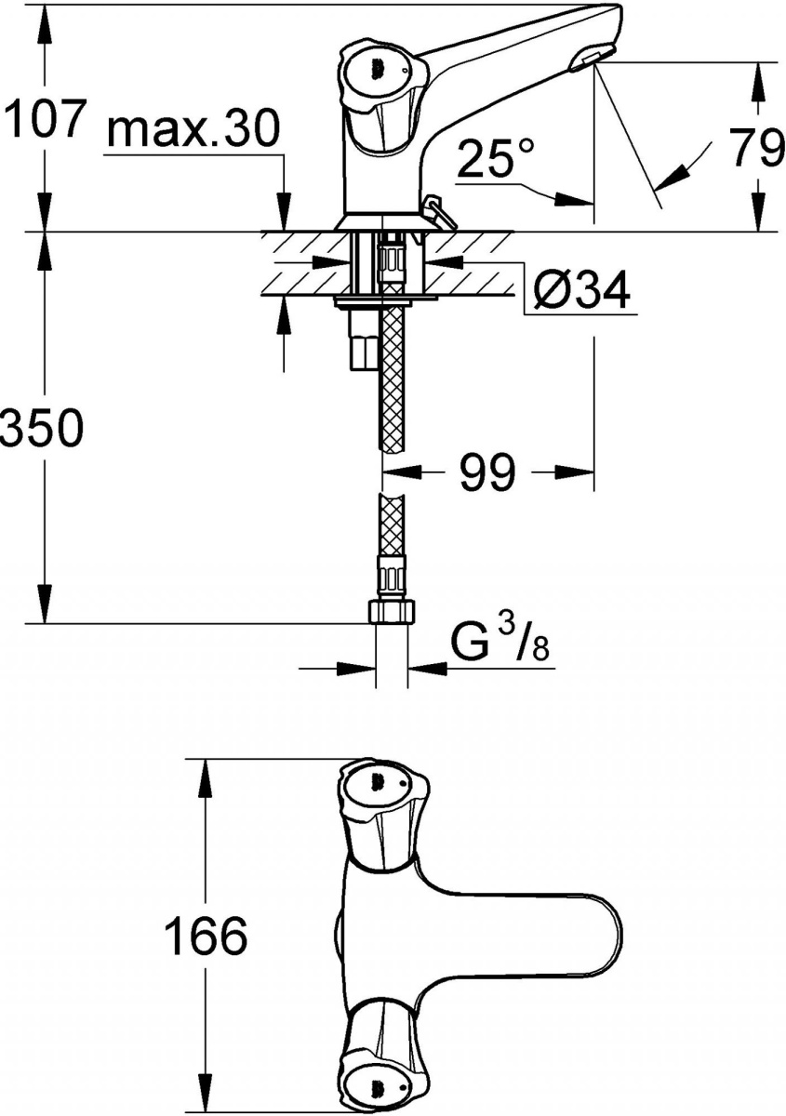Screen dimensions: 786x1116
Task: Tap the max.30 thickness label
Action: tap(193, 128)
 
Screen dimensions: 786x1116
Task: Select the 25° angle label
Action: tap(496, 157)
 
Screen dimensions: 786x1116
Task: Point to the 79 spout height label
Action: tap(754, 148)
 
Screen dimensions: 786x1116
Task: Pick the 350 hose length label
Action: tap(42, 429)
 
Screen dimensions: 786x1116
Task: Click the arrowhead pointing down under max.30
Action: tap(284, 213)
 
